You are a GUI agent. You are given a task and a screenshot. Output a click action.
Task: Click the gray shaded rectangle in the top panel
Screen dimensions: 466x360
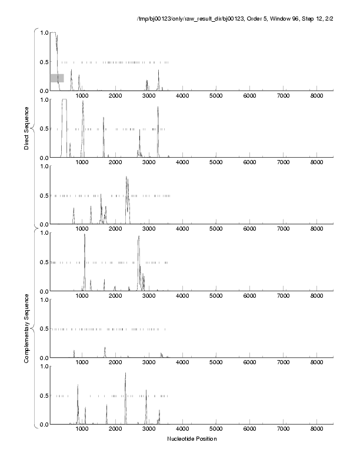[57, 78]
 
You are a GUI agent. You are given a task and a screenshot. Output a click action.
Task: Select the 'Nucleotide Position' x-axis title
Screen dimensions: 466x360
[192, 439]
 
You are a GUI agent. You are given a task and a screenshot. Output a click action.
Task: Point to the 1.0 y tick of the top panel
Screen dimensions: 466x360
[44, 32]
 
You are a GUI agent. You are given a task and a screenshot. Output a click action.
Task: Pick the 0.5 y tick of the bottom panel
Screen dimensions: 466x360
[44, 395]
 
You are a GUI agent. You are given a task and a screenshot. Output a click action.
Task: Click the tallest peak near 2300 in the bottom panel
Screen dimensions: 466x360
[125, 374]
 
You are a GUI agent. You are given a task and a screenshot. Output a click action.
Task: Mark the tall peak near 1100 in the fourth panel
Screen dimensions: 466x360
[85, 235]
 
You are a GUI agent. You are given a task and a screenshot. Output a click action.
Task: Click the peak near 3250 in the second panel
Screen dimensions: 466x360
[158, 107]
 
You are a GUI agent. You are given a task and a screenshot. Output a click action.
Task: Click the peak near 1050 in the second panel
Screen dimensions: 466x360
[83, 102]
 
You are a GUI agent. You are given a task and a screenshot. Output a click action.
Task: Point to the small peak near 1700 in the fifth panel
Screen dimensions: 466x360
[105, 348]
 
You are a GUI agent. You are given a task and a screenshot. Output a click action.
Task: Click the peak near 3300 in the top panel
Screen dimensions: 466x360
[158, 71]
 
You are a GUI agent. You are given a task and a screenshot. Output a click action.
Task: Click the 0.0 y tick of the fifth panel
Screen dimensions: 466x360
[44, 358]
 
